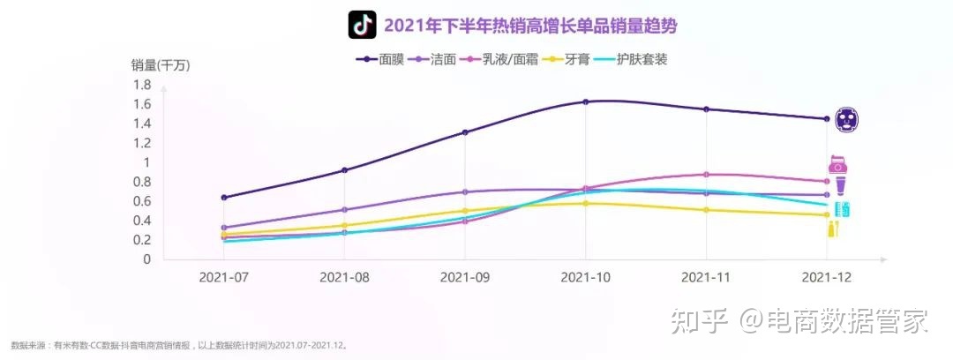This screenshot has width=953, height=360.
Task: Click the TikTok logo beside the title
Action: (x=362, y=25)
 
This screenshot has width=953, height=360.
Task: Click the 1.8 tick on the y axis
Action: (x=141, y=86)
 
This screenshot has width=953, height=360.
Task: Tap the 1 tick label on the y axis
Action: (x=146, y=163)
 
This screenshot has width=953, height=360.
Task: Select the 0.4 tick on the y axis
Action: (x=141, y=221)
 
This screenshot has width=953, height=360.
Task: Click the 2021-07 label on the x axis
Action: (x=223, y=276)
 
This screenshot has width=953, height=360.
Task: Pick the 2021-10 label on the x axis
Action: (x=585, y=276)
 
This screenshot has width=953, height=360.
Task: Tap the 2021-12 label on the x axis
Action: (x=826, y=276)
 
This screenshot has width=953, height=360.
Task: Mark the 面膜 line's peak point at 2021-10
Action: (x=585, y=101)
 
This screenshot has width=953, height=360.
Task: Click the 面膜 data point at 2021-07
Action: (x=223, y=198)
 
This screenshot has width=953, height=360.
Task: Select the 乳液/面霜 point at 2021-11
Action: (x=706, y=175)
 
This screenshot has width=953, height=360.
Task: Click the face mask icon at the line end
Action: (x=846, y=118)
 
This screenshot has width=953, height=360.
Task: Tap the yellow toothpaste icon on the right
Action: (x=833, y=229)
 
